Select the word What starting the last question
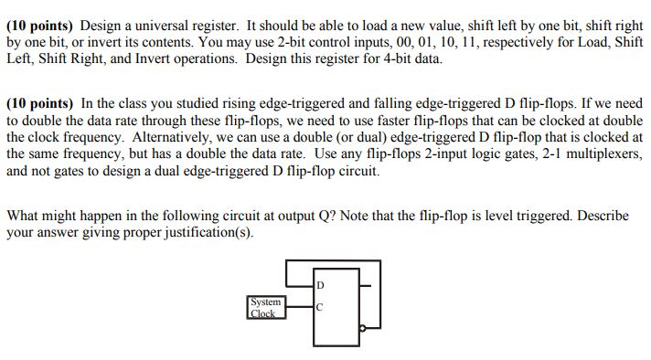point(23,217)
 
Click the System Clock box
point(266,306)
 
